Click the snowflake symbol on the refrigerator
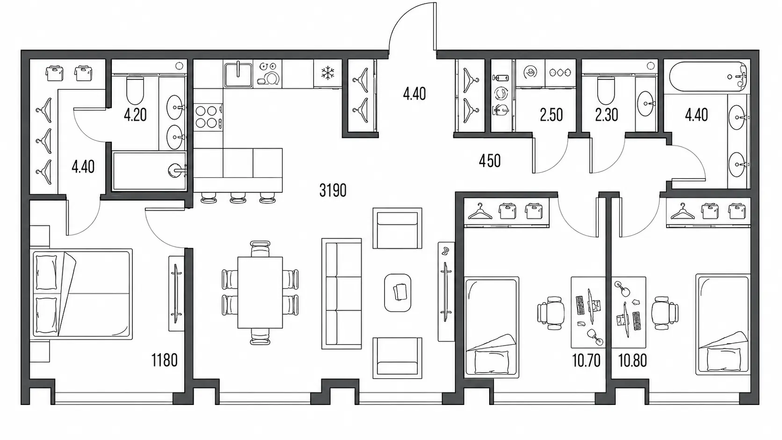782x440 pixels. click(x=327, y=73)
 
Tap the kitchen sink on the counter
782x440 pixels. click(x=238, y=74)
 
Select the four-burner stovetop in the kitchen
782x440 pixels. click(x=207, y=117)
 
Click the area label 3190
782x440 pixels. click(x=333, y=190)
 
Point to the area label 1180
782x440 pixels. click(x=164, y=360)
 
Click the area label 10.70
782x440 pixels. click(x=586, y=361)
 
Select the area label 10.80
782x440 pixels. click(x=633, y=361)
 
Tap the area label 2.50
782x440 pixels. click(x=551, y=115)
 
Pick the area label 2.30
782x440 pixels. click(x=607, y=115)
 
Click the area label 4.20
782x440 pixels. click(x=135, y=115)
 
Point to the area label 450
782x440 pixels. click(x=489, y=161)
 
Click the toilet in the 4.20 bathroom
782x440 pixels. click(x=135, y=90)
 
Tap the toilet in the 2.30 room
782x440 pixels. click(x=606, y=90)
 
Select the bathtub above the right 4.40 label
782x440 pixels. click(x=709, y=77)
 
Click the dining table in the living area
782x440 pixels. click(x=260, y=292)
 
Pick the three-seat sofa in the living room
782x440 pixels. click(x=341, y=294)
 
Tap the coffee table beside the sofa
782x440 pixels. click(x=398, y=292)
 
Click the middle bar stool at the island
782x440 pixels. click(x=238, y=197)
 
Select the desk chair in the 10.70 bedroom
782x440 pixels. click(x=551, y=313)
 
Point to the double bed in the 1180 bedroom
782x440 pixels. click(x=81, y=294)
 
